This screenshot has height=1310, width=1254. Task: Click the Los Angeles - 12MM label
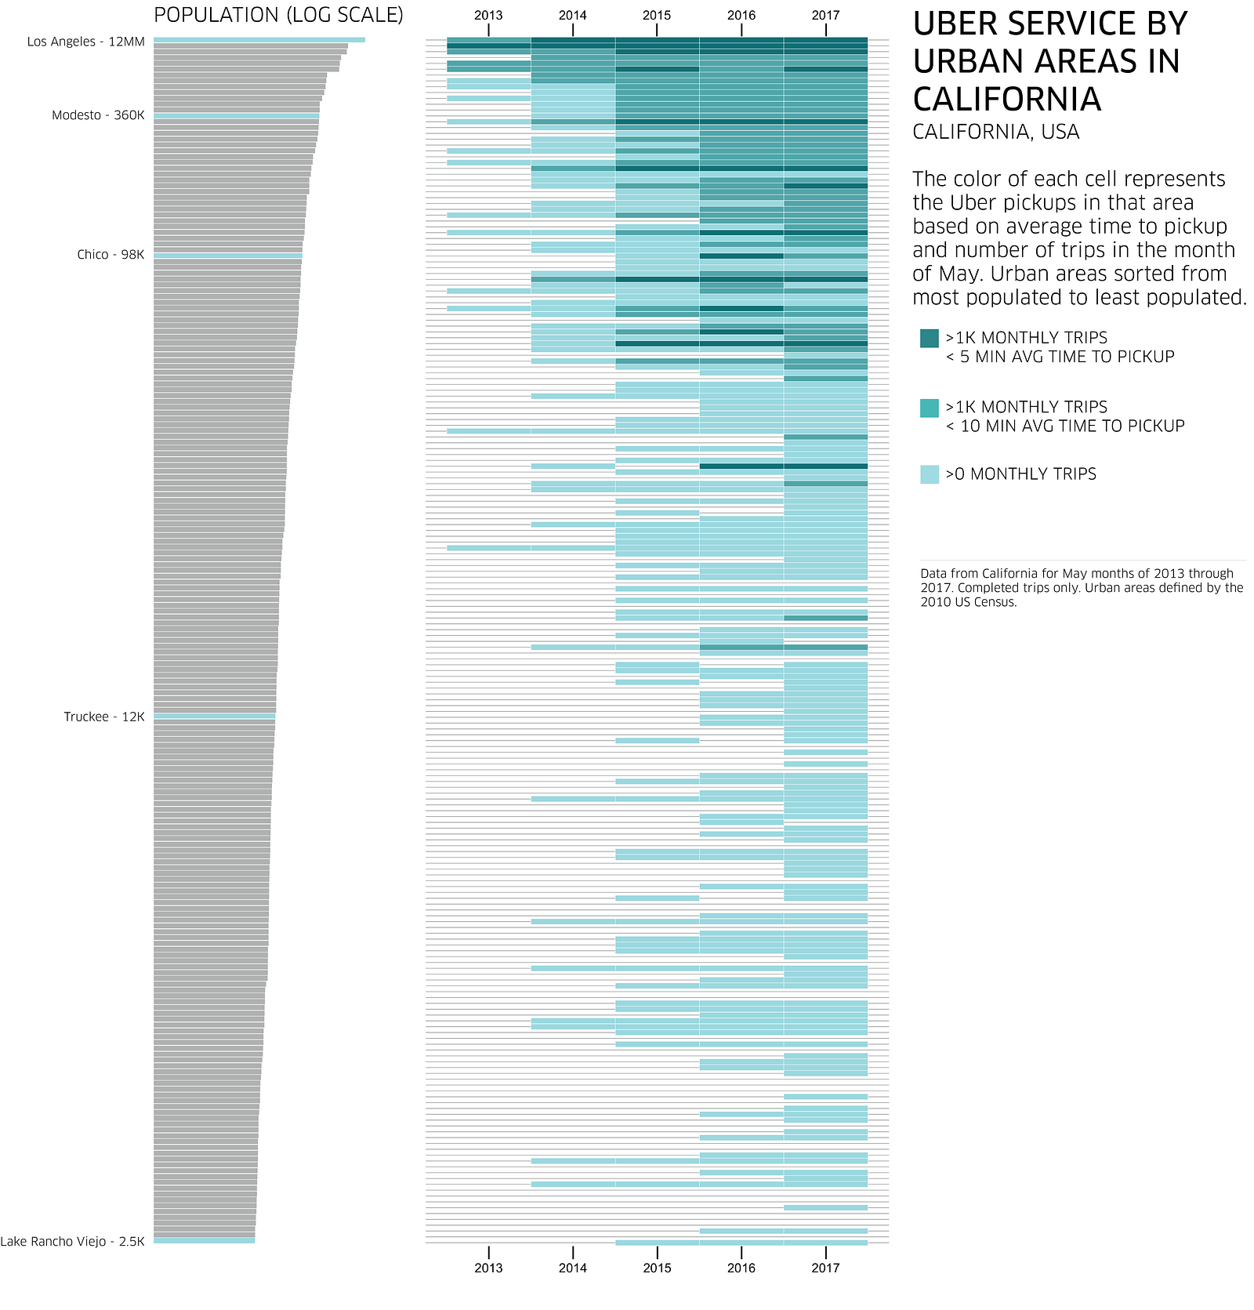coord(86,42)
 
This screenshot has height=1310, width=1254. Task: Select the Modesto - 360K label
coord(99,115)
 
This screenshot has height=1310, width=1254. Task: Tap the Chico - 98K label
coord(111,255)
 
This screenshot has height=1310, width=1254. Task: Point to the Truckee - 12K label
coord(104,717)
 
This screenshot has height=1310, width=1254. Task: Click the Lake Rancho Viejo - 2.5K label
coord(73,1241)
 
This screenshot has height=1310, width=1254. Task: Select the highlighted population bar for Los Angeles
coord(259,40)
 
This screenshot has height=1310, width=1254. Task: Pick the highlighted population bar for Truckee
coord(215,717)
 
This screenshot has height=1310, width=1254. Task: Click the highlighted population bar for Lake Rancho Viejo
coord(205,1241)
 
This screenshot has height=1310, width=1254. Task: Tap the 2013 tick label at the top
coord(488,16)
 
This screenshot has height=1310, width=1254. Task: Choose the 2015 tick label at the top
coord(657,16)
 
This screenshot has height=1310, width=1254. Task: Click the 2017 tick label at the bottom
coord(825,1268)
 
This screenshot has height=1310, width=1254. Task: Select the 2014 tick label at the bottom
coord(573,1268)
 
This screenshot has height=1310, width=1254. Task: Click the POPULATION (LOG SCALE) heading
coord(278,16)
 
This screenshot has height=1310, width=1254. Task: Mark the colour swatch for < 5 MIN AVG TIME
coord(930,338)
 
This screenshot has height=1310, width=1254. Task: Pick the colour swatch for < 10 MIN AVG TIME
coord(930,408)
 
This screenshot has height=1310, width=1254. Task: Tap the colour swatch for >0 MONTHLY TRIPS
coord(930,474)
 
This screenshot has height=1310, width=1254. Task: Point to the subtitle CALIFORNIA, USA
coord(996,132)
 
